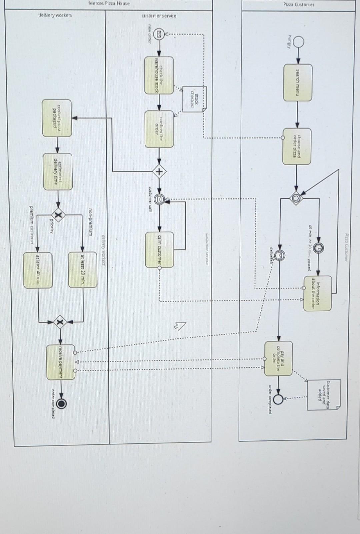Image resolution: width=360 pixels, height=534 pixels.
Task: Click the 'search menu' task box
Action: click(298, 83)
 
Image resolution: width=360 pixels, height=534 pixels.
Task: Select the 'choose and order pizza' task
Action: click(297, 146)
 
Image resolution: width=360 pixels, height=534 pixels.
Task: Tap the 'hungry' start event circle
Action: click(299, 42)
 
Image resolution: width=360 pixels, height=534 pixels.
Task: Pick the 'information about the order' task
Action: click(318, 293)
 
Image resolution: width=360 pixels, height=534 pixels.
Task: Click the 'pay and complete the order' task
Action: click(278, 358)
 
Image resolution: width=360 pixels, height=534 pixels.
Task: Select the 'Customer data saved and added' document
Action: click(323, 395)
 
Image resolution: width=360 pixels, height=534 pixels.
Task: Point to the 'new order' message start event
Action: click(159, 34)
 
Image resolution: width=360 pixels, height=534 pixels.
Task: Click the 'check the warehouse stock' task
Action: click(159, 75)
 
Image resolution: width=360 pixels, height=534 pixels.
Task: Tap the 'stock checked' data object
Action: click(195, 99)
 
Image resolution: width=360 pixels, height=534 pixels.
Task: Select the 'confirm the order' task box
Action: click(159, 129)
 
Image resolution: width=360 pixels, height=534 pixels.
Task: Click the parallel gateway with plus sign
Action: click(159, 172)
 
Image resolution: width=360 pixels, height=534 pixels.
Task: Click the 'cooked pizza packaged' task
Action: click(57, 118)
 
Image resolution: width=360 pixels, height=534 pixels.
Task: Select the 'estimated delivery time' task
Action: click(58, 172)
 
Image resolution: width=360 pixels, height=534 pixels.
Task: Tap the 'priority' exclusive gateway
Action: click(58, 216)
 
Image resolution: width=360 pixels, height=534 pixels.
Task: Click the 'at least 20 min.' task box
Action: click(83, 270)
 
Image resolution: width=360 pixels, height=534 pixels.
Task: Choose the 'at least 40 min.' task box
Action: click(38, 270)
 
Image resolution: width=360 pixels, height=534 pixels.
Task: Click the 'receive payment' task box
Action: click(61, 362)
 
